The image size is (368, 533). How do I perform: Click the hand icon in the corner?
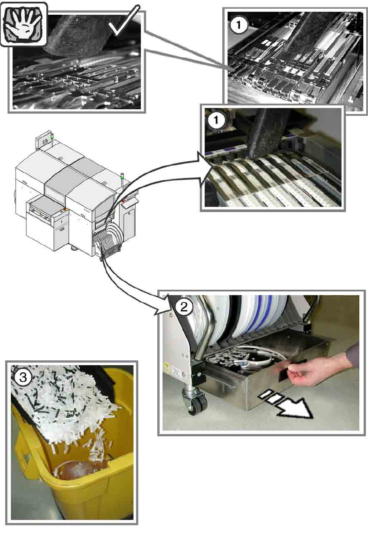pos(24,24)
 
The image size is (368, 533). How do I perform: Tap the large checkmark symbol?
pos(124,20)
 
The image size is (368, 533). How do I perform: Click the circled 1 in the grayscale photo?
pos(239,25)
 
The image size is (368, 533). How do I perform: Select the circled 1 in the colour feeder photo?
pos(216,120)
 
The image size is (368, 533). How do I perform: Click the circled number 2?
pos(184,307)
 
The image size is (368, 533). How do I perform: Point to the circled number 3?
pos(23,449)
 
